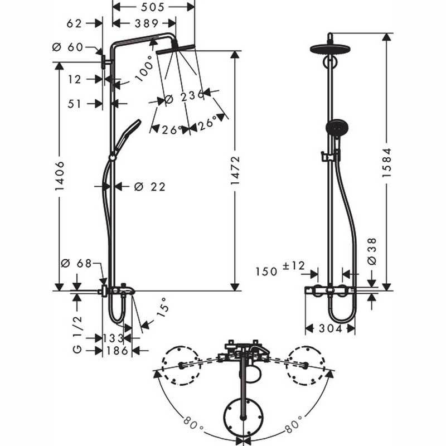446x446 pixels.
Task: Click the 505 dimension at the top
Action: [x=153, y=7]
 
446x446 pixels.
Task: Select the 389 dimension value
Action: [x=147, y=23]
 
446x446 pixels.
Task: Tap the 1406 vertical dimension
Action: [x=60, y=176]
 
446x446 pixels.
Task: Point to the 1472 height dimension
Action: [x=235, y=171]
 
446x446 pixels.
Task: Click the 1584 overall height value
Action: [x=386, y=163]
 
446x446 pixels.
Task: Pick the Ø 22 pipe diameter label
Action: [x=149, y=187]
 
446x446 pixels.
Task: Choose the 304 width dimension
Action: [x=330, y=329]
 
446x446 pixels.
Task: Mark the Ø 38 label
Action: [x=372, y=251]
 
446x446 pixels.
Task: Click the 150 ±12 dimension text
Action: [x=280, y=269]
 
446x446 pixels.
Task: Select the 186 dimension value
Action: [x=117, y=351]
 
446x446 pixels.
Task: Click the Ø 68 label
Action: [x=76, y=263]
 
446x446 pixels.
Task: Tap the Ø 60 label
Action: [x=67, y=47]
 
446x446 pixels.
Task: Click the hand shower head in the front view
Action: [x=337, y=127]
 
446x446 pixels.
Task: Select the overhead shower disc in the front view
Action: [x=330, y=49]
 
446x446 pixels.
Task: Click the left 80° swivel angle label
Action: [x=193, y=424]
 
